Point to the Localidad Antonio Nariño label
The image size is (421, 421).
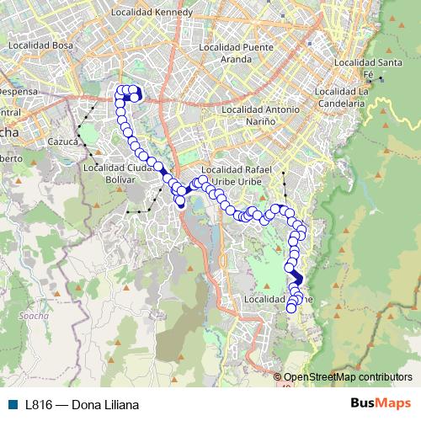tap(260, 115)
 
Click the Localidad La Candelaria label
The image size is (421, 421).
tap(365, 97)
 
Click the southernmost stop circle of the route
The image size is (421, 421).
tap(292, 308)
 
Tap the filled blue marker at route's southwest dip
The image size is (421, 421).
tap(179, 201)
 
